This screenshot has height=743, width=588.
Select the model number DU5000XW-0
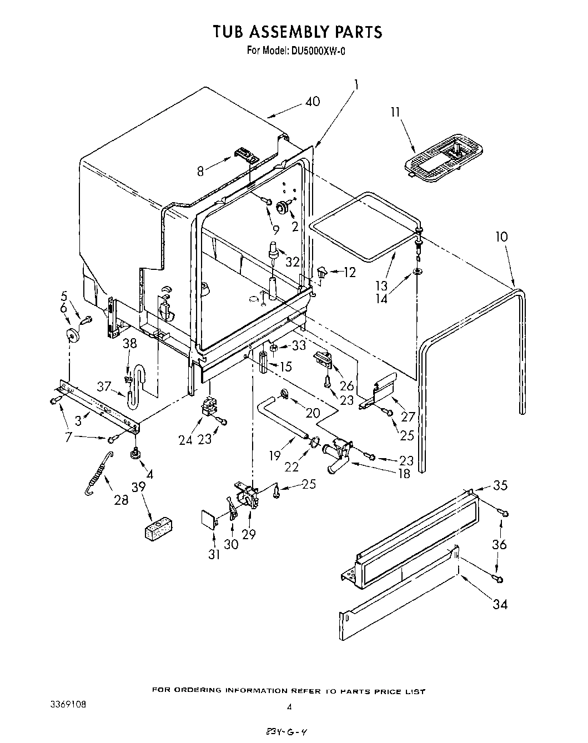point(318,51)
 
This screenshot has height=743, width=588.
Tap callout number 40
point(313,102)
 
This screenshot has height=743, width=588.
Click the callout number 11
point(395,112)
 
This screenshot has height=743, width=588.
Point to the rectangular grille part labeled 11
point(443,159)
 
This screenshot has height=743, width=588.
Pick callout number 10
point(501,237)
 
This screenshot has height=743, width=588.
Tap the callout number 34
point(500,604)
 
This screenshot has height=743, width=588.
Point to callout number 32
point(292,262)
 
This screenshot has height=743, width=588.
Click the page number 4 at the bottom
point(289,707)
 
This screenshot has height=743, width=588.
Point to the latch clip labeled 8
point(245,154)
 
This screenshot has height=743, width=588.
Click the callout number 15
point(286,367)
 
